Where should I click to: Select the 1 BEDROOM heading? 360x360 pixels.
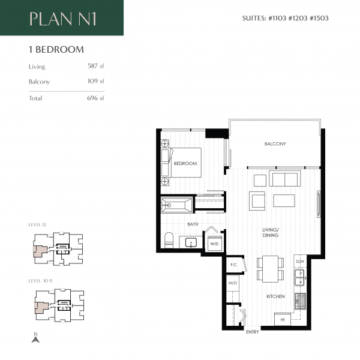coord(56,50)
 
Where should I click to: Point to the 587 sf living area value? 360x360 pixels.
coord(96,67)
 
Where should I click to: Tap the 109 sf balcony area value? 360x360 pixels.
coord(96,81)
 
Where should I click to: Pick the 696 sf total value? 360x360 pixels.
coord(96,98)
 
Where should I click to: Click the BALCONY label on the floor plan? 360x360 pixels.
coord(275,144)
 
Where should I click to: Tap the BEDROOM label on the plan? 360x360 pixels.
coord(186,163)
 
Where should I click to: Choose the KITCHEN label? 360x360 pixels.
coord(276,296)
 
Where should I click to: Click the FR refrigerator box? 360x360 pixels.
coord(282,320)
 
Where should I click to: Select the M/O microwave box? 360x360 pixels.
coord(232,283)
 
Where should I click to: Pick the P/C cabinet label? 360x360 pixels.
coord(232,264)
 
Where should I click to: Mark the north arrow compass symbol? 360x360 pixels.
coord(35,338)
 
